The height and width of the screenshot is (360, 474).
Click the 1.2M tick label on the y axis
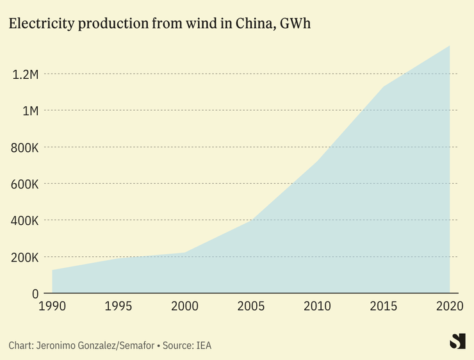coord(26,74)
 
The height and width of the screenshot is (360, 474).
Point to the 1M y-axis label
coord(30,111)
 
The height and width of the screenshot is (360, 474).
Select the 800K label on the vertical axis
coord(25,147)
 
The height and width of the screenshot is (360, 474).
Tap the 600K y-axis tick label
coord(25,184)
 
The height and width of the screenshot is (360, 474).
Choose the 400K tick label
coord(25,220)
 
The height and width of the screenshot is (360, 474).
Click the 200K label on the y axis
coord(25,258)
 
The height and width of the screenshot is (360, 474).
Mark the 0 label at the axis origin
coord(36,294)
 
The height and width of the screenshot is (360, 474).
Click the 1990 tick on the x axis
coord(53,306)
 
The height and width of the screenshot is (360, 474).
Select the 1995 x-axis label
coord(118,306)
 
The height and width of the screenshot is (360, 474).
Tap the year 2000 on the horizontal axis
coord(185,306)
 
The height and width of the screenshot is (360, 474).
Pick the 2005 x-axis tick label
coord(251,306)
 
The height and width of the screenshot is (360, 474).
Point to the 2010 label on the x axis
coord(317,306)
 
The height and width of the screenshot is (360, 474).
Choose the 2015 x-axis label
coord(383,306)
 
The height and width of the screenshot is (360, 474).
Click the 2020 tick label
coord(448,306)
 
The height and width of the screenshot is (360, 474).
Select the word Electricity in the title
coord(39,24)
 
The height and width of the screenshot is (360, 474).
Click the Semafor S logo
coord(457,341)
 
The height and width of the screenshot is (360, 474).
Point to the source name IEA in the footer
coord(203,345)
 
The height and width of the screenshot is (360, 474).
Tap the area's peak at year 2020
coord(449,47)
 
